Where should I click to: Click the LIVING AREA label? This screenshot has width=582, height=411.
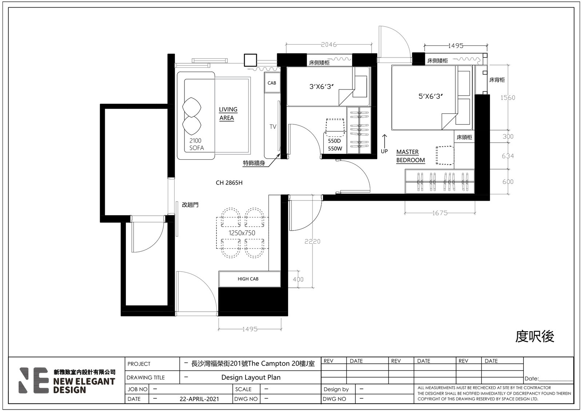(x=228, y=113)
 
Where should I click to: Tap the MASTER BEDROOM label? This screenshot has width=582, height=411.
(x=410, y=156)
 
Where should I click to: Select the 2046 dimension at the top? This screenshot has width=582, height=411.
(x=329, y=45)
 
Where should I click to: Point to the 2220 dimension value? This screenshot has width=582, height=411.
(x=312, y=242)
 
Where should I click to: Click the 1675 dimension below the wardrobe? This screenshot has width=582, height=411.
(x=440, y=213)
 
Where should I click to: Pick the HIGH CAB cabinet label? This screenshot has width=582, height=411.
(x=248, y=279)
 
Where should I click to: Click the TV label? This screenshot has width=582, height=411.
(x=273, y=127)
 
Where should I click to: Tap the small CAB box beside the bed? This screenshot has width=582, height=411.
(x=272, y=82)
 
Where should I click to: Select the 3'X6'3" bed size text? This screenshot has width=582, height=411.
(x=322, y=87)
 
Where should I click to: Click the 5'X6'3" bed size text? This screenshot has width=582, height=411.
(x=430, y=96)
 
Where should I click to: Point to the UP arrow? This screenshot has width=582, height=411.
(x=384, y=141)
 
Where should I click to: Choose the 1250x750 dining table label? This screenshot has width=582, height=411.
(x=242, y=233)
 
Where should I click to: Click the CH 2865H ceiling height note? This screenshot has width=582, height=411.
(x=229, y=183)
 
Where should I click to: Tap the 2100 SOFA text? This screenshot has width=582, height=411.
(x=196, y=144)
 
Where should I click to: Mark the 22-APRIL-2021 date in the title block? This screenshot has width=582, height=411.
(x=199, y=399)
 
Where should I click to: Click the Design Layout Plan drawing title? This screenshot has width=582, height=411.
(x=251, y=377)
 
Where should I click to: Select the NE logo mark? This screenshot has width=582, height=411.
(x=33, y=380)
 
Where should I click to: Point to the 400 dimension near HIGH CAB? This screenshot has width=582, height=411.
(x=298, y=279)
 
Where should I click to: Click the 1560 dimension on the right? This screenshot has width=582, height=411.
(x=508, y=98)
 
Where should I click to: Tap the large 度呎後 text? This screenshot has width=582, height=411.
(x=535, y=337)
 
